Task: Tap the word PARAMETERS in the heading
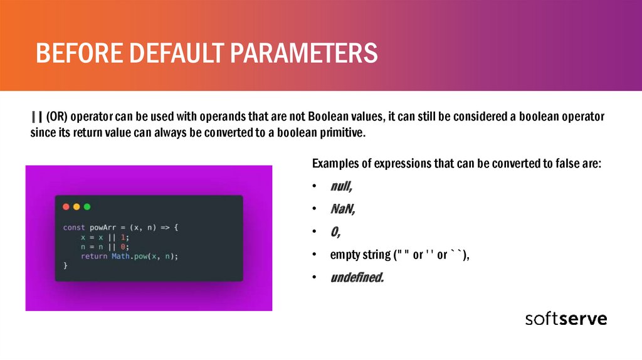(303, 53)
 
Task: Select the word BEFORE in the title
(80, 53)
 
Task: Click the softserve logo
(566, 319)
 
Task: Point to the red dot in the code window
(66, 207)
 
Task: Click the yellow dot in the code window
(76, 207)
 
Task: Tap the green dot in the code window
(87, 207)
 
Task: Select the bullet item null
(341, 186)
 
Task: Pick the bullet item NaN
(343, 209)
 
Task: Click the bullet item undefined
(357, 277)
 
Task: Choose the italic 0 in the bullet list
(335, 232)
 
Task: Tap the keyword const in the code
(74, 227)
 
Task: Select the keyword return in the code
(94, 257)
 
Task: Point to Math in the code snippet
(120, 257)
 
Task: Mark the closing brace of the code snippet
(65, 266)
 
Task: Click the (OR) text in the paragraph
(57, 117)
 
